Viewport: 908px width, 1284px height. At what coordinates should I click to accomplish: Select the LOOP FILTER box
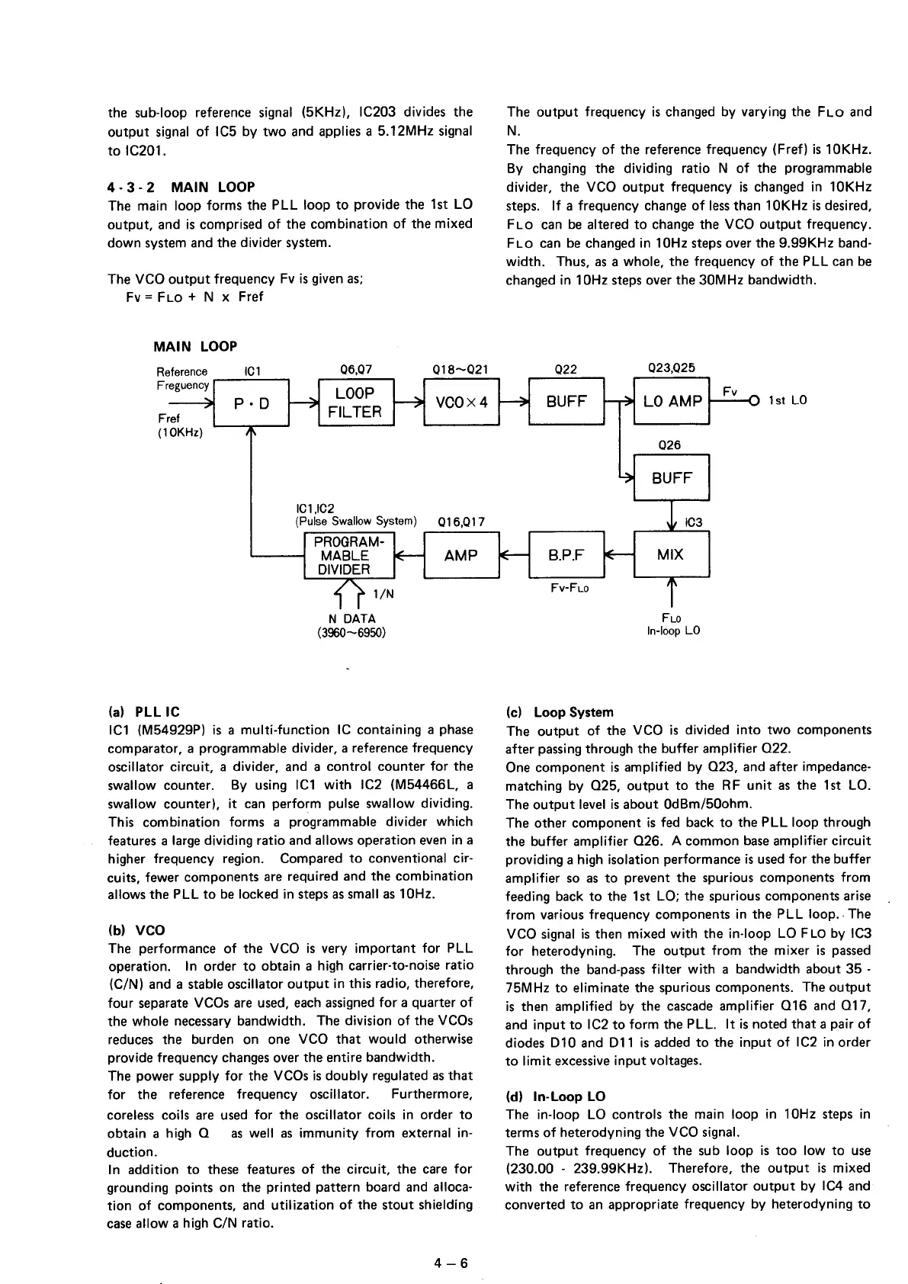coord(355,402)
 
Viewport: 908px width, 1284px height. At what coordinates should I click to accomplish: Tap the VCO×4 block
coord(460,402)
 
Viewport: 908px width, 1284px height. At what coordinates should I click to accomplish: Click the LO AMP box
coord(671,402)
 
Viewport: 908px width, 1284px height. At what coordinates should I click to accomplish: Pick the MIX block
coord(671,554)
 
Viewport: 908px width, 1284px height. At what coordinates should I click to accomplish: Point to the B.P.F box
coord(566,554)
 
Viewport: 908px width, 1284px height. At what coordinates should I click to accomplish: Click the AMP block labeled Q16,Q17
coord(460,555)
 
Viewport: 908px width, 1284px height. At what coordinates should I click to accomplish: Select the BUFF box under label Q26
coord(671,478)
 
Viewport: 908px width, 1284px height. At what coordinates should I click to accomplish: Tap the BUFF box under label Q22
coord(566,402)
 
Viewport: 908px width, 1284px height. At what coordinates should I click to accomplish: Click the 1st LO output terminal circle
coord(755,401)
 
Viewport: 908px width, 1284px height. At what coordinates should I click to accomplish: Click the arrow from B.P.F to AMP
coord(513,555)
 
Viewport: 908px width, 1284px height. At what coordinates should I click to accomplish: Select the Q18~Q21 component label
coord(460,370)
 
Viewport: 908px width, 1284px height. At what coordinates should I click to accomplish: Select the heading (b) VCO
coord(136,930)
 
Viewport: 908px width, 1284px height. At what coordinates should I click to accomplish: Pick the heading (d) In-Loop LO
coord(556,1096)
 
